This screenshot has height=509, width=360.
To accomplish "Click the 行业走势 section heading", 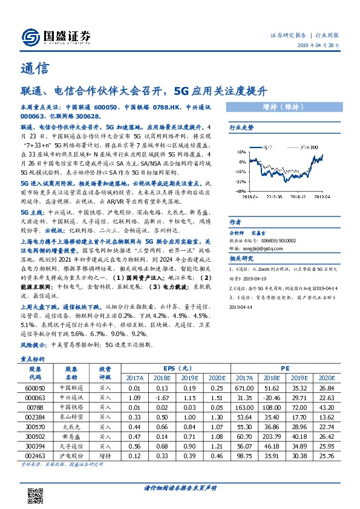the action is [241, 128].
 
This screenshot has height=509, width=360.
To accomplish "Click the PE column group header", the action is [284, 368].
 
